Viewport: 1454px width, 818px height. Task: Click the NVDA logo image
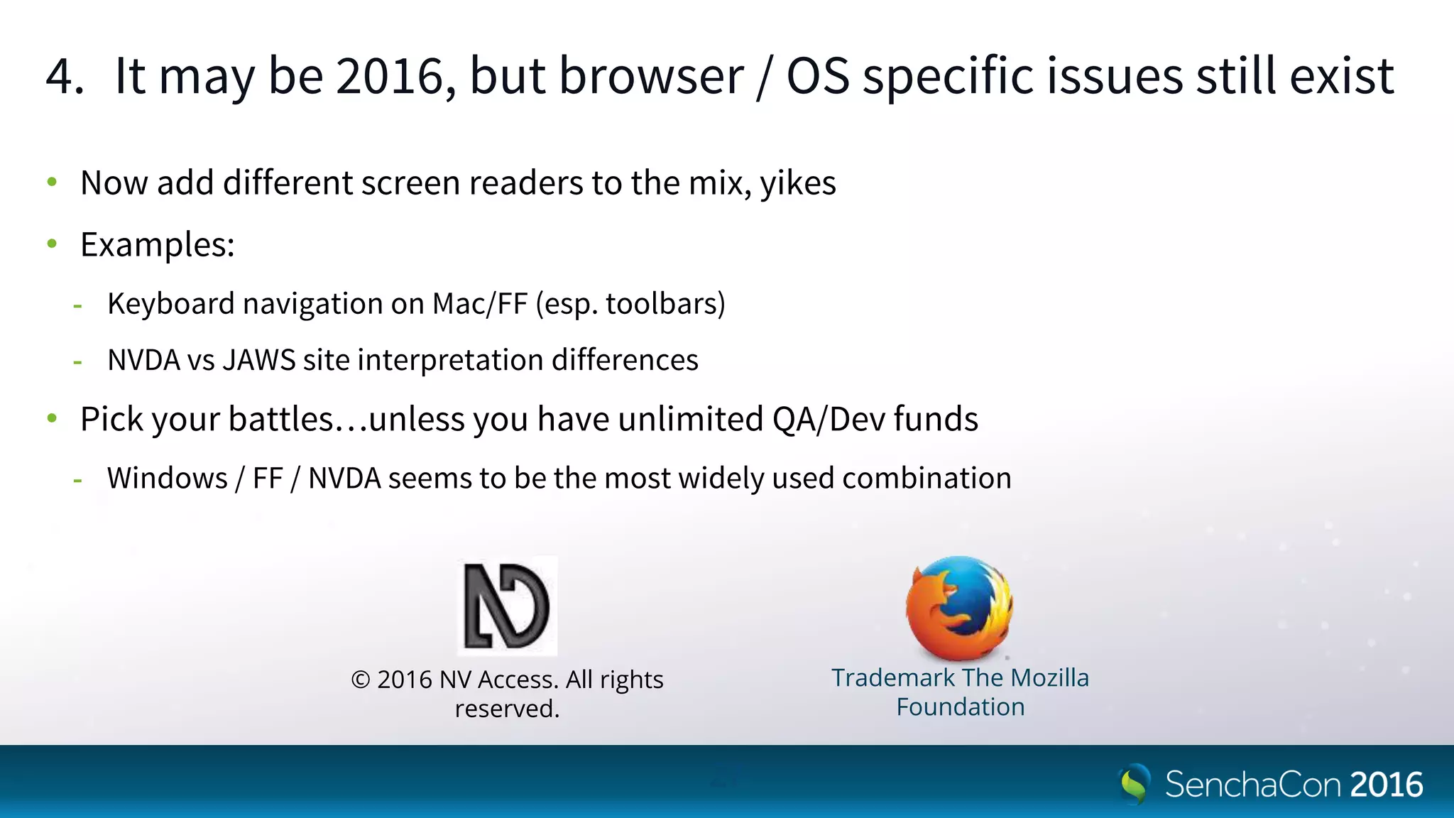pyautogui.click(x=507, y=606)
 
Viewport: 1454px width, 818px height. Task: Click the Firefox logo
pyautogui.click(x=959, y=607)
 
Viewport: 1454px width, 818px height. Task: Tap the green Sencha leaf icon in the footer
pyautogui.click(x=1134, y=784)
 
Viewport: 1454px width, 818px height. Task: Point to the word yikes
pyautogui.click(x=798, y=184)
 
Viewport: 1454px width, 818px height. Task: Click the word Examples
pyautogui.click(x=157, y=245)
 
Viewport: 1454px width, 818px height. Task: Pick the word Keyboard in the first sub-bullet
pyautogui.click(x=170, y=305)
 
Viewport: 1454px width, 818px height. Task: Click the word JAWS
pyautogui.click(x=259, y=361)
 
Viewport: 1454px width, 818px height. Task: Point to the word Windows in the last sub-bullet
pyautogui.click(x=168, y=479)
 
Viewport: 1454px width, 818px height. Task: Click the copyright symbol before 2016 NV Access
pyautogui.click(x=361, y=680)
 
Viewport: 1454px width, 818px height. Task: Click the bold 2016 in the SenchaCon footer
pyautogui.click(x=1387, y=785)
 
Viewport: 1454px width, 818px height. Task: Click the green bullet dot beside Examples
pyautogui.click(x=52, y=244)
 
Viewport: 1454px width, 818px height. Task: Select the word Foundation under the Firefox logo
pyautogui.click(x=960, y=707)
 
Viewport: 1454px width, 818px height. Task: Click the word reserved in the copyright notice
pyautogui.click(x=506, y=709)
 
